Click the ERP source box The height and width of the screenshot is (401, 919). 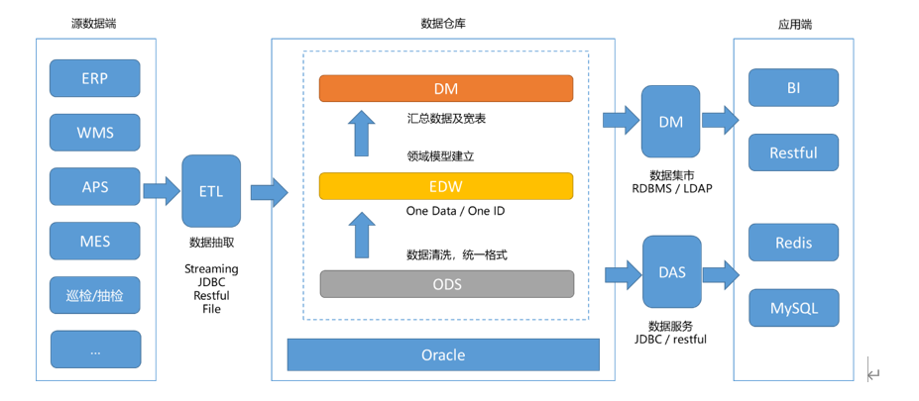(95, 78)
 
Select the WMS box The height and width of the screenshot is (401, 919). (95, 133)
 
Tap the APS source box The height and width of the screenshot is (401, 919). (95, 186)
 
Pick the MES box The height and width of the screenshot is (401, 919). (95, 241)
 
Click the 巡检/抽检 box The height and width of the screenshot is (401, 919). (95, 295)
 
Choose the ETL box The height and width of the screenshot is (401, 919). (210, 191)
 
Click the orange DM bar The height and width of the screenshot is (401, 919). (445, 88)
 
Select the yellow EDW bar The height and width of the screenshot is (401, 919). (445, 186)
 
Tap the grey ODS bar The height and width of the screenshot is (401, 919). (445, 283)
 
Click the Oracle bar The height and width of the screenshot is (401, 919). (443, 354)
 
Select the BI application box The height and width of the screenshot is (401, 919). (793, 88)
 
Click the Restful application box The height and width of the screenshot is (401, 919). (793, 152)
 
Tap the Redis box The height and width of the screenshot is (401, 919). (793, 243)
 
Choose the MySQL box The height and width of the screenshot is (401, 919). (793, 308)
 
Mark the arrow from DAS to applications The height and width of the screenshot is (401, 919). (721, 272)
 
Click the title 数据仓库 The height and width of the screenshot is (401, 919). (442, 22)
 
